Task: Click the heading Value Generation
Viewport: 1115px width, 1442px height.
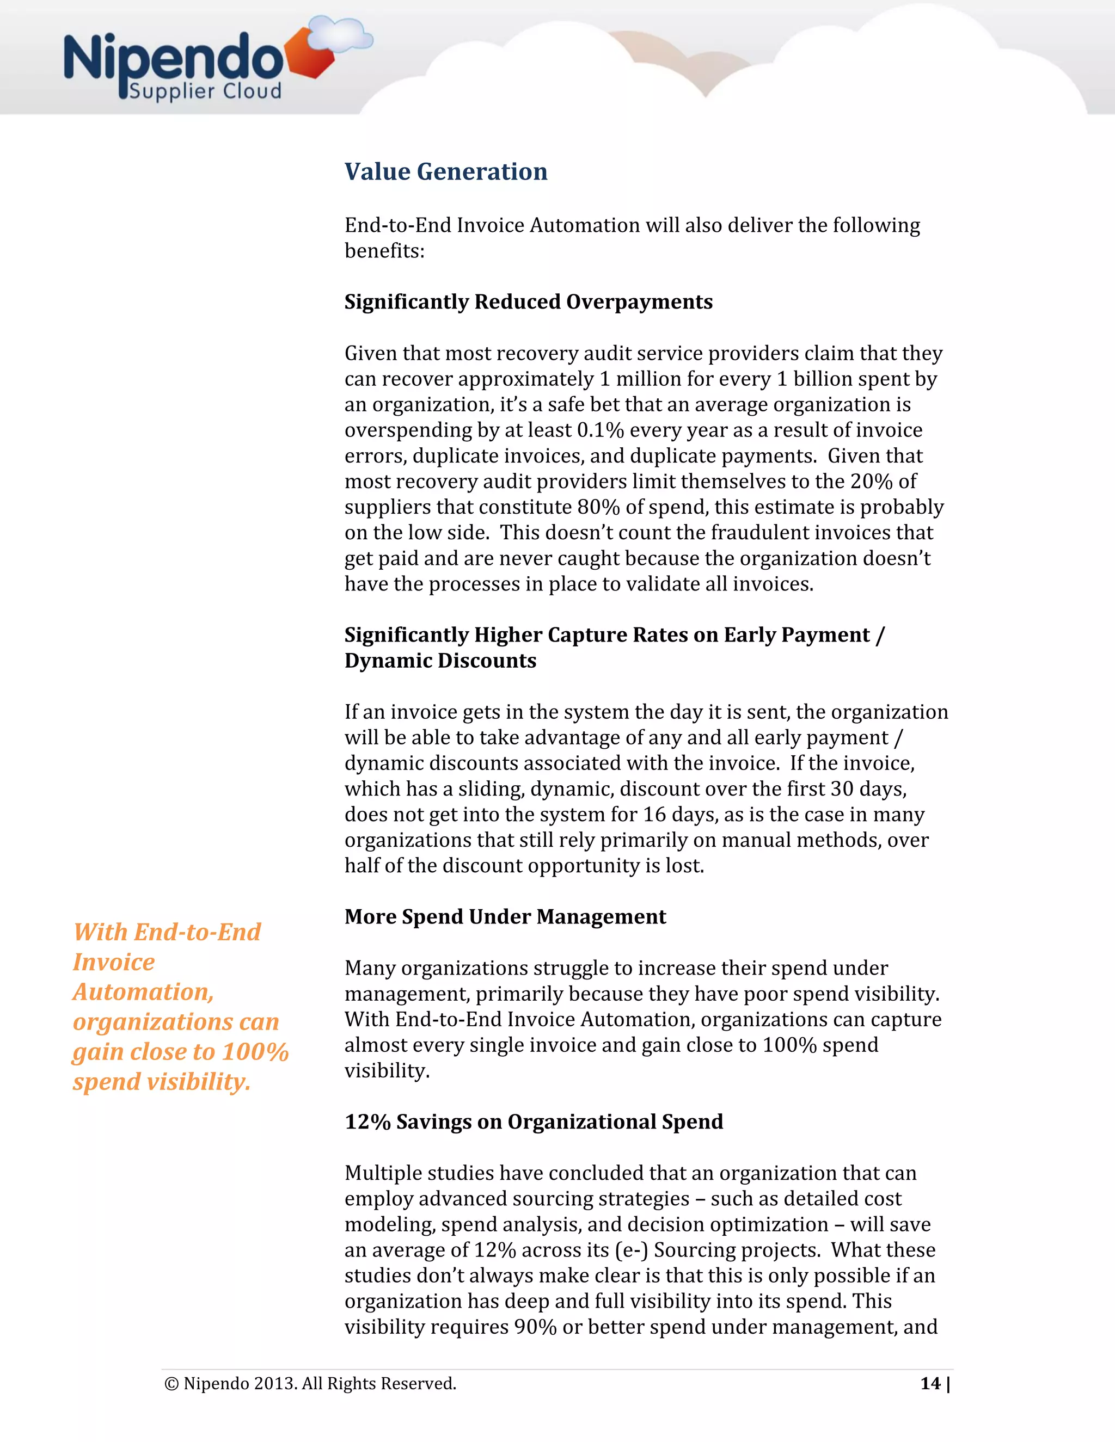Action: [446, 171]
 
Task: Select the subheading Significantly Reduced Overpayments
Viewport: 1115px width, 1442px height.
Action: [529, 302]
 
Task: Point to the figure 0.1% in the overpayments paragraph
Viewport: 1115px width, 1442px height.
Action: [601, 430]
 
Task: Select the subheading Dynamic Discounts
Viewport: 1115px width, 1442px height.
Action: [440, 661]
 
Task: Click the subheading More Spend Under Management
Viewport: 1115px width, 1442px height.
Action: [505, 917]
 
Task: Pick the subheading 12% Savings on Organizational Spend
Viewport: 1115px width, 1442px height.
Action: [534, 1122]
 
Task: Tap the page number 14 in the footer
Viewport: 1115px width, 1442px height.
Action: [930, 1384]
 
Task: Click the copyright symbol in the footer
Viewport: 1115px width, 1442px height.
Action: [171, 1384]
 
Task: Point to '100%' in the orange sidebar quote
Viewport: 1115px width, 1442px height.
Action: [255, 1052]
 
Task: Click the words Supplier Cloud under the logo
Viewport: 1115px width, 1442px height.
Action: [205, 91]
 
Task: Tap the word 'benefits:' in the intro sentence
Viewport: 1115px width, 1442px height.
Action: [384, 251]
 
